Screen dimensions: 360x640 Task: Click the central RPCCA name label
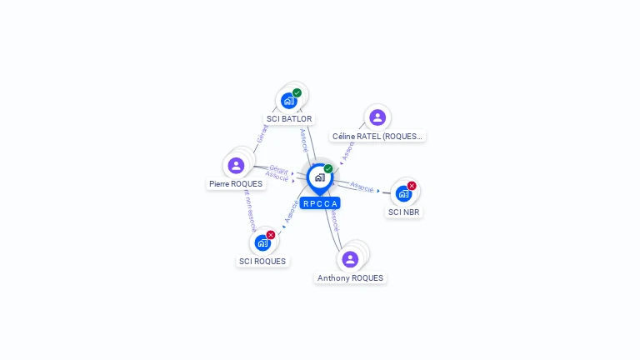[320, 203]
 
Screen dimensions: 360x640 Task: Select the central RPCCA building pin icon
[319, 177]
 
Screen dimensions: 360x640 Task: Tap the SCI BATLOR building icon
[288, 101]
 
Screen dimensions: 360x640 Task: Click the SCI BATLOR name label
[289, 119]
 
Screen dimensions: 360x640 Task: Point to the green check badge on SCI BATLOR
[297, 92]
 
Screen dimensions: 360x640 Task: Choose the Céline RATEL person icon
[377, 117]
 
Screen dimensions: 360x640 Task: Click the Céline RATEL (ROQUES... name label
[377, 136]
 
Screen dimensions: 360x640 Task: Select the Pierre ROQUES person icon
[236, 165]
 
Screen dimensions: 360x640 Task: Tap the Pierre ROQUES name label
[236, 184]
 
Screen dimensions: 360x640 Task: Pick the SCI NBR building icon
[403, 193]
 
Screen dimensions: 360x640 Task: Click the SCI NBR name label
[404, 212]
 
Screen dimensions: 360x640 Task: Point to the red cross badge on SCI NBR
[412, 186]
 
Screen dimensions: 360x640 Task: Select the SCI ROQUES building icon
[262, 243]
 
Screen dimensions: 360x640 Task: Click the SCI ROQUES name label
[262, 262]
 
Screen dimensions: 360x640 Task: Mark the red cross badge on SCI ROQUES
[271, 235]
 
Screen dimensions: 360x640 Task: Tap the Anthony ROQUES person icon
[350, 259]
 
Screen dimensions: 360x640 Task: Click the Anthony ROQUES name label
[350, 278]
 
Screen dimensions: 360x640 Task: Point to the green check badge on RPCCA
[328, 169]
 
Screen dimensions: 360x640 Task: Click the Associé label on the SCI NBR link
[362, 187]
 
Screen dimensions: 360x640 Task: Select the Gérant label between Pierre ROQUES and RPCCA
[278, 169]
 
